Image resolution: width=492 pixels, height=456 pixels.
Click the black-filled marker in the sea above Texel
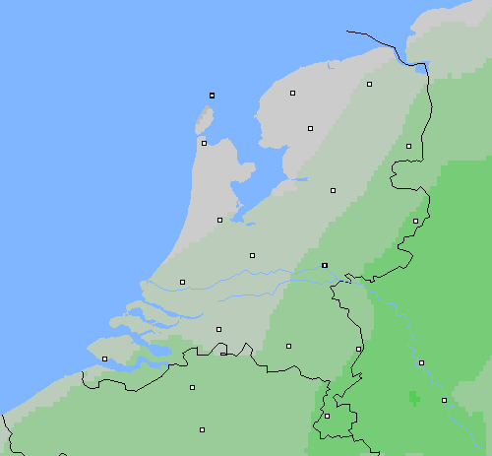[212, 96]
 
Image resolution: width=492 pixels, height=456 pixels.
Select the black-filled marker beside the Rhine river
[325, 265]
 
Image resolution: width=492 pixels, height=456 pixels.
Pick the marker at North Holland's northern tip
[204, 143]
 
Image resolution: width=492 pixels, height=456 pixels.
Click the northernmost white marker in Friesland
[292, 93]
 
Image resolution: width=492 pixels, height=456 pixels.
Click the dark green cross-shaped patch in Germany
[413, 397]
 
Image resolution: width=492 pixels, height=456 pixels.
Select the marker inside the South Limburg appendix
[327, 416]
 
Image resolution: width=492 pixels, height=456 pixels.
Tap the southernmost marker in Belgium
[202, 429]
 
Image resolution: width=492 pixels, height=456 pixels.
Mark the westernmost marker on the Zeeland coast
[104, 358]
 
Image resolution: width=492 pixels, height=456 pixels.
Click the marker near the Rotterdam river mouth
[182, 282]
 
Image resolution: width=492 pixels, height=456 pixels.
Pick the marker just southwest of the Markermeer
[219, 220]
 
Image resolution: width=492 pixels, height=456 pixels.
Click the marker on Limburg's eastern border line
[358, 349]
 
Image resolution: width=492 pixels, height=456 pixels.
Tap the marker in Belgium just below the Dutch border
[192, 387]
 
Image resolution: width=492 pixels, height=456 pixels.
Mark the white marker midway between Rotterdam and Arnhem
[252, 255]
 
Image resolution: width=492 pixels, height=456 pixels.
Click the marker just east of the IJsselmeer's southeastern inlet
[333, 190]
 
